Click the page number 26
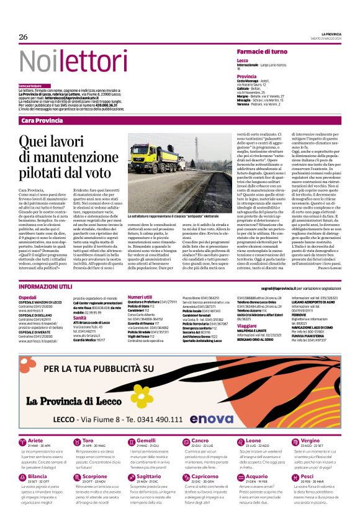point(23,37)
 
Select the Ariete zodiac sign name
point(36,441)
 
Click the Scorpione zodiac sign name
point(94,477)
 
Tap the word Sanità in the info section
point(80,317)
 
